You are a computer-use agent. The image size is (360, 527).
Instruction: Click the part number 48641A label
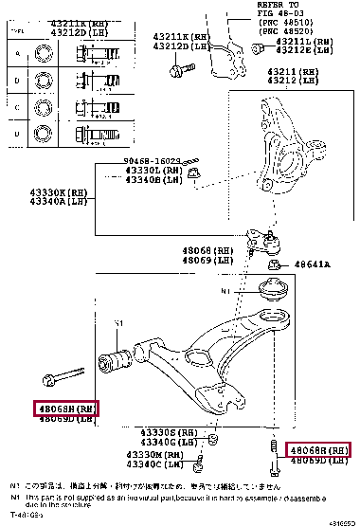pyautogui.click(x=310, y=265)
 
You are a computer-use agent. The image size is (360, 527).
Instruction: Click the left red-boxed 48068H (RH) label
pyautogui.click(x=66, y=409)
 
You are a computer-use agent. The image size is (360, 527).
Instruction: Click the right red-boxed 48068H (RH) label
pyautogui.click(x=316, y=449)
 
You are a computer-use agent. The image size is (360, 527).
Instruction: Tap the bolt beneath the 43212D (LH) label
pyautogui.click(x=177, y=68)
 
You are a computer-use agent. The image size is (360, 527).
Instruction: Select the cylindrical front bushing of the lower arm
pyautogui.click(x=117, y=361)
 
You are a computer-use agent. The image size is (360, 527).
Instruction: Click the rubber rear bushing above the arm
pyautogui.click(x=273, y=290)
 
